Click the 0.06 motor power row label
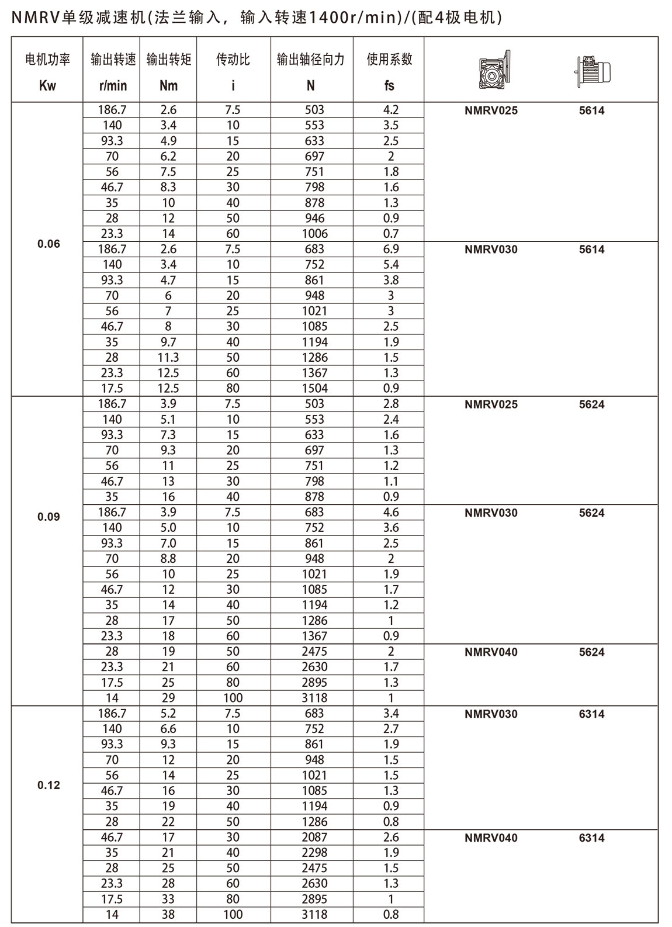tap(49, 244)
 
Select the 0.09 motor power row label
tap(49, 517)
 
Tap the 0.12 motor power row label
tap(49, 786)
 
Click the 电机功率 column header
tap(48, 60)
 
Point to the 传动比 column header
tap(233, 60)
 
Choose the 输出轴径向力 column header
tap(311, 60)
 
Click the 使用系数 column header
tap(390, 60)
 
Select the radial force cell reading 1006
tap(314, 234)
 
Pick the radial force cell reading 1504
tap(314, 389)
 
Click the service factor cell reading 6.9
tap(391, 249)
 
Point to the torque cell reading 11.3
tap(168, 358)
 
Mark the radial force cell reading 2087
tap(314, 838)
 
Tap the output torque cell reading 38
tap(168, 915)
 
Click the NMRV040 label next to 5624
tap(491, 652)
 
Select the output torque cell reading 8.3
tap(168, 188)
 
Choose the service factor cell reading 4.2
tap(391, 110)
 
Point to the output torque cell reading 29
tap(168, 698)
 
